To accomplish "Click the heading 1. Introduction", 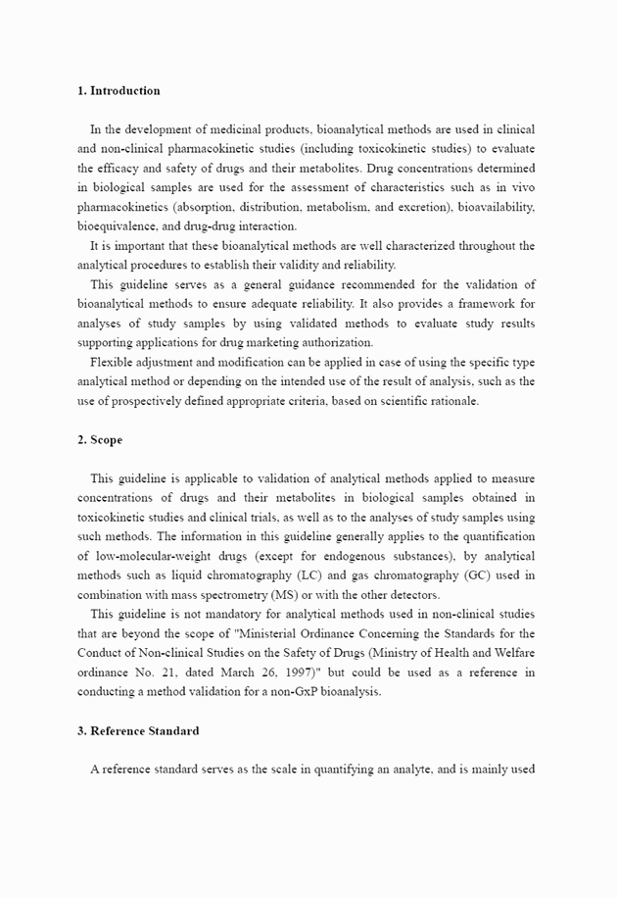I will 119,91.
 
